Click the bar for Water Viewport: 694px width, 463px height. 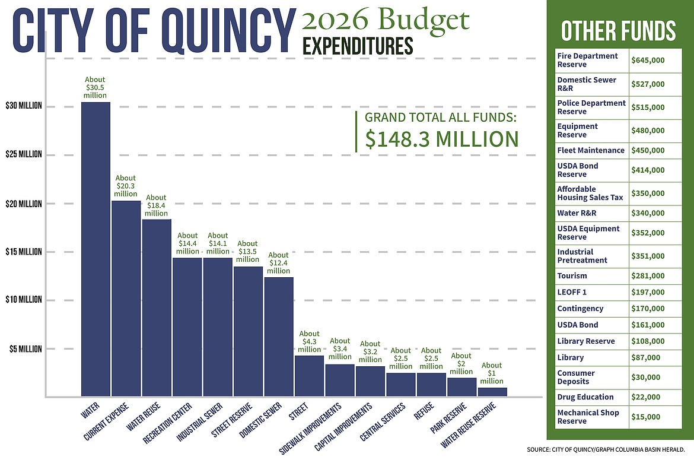click(x=95, y=249)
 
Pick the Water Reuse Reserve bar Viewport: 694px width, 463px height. click(x=492, y=392)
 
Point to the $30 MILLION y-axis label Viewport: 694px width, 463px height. click(x=24, y=106)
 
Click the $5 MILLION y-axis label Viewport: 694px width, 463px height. click(x=26, y=349)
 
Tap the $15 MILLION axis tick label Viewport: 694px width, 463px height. click(x=24, y=252)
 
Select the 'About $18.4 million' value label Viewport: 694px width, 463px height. click(x=157, y=205)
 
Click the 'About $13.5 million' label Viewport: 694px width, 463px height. click(x=247, y=251)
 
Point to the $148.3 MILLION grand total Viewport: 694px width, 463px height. click(x=442, y=138)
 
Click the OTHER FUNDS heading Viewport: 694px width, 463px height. click(x=619, y=30)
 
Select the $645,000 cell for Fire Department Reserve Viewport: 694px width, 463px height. click(x=648, y=61)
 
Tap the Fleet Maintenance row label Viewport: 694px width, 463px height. click(x=591, y=150)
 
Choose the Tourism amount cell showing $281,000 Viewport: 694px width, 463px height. click(x=648, y=276)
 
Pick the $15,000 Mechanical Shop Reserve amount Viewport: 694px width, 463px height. click(x=645, y=417)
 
